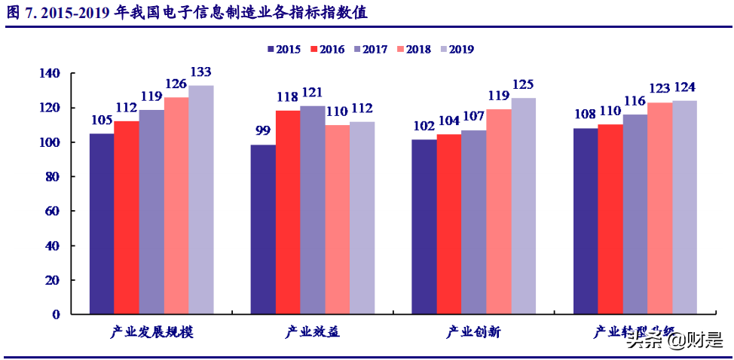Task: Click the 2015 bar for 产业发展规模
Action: point(102,223)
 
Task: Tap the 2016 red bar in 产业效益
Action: point(288,212)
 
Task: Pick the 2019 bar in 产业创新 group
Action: point(523,205)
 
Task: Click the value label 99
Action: point(263,130)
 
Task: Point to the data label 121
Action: point(312,93)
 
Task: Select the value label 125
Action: point(523,84)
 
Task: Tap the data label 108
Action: point(586,115)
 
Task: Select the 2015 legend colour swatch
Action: point(271,50)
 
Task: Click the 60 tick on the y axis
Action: point(53,212)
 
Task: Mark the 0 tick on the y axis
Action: point(56,315)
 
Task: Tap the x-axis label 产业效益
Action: point(313,332)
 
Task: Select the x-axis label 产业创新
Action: point(474,332)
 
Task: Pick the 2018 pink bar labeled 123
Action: point(659,208)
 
